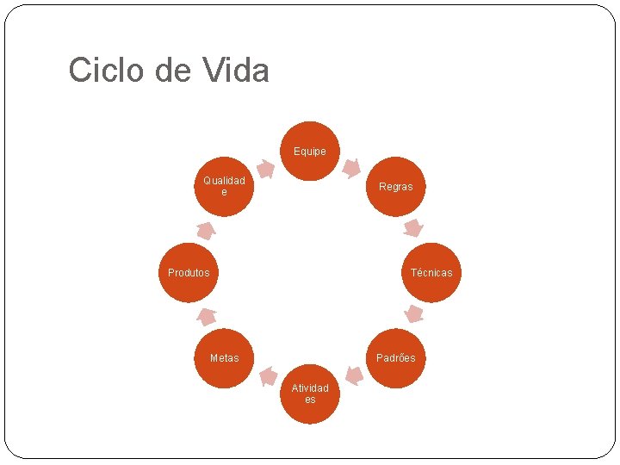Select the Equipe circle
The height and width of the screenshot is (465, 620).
(310, 151)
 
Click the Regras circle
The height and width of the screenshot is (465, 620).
(396, 186)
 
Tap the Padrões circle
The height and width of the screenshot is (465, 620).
(396, 358)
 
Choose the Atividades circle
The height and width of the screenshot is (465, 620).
(310, 394)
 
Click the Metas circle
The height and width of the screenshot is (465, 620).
(224, 358)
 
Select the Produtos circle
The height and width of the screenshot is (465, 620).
(189, 272)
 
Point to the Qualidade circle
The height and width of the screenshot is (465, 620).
(224, 186)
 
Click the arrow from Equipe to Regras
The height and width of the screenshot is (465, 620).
(351, 168)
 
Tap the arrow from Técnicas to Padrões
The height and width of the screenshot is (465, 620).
(414, 313)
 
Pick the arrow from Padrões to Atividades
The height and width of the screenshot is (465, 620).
(353, 375)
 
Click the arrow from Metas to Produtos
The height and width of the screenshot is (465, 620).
(207, 316)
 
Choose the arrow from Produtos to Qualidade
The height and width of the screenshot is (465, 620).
(206, 230)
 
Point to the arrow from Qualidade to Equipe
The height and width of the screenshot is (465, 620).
(266, 170)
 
